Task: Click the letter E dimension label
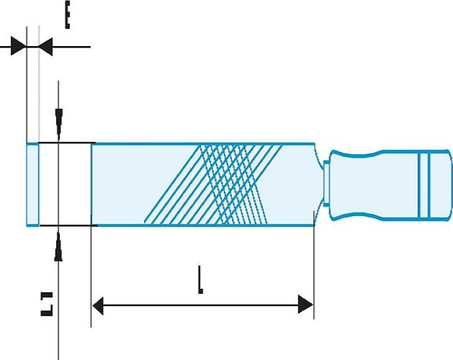(x=66, y=15)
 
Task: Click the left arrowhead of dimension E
(x=18, y=48)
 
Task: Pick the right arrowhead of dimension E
(x=45, y=48)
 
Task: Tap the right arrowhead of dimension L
(x=305, y=305)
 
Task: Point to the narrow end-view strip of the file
(x=32, y=184)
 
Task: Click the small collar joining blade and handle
(x=326, y=184)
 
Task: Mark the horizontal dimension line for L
(x=202, y=305)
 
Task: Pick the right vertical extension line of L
(x=315, y=274)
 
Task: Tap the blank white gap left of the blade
(x=65, y=184)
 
